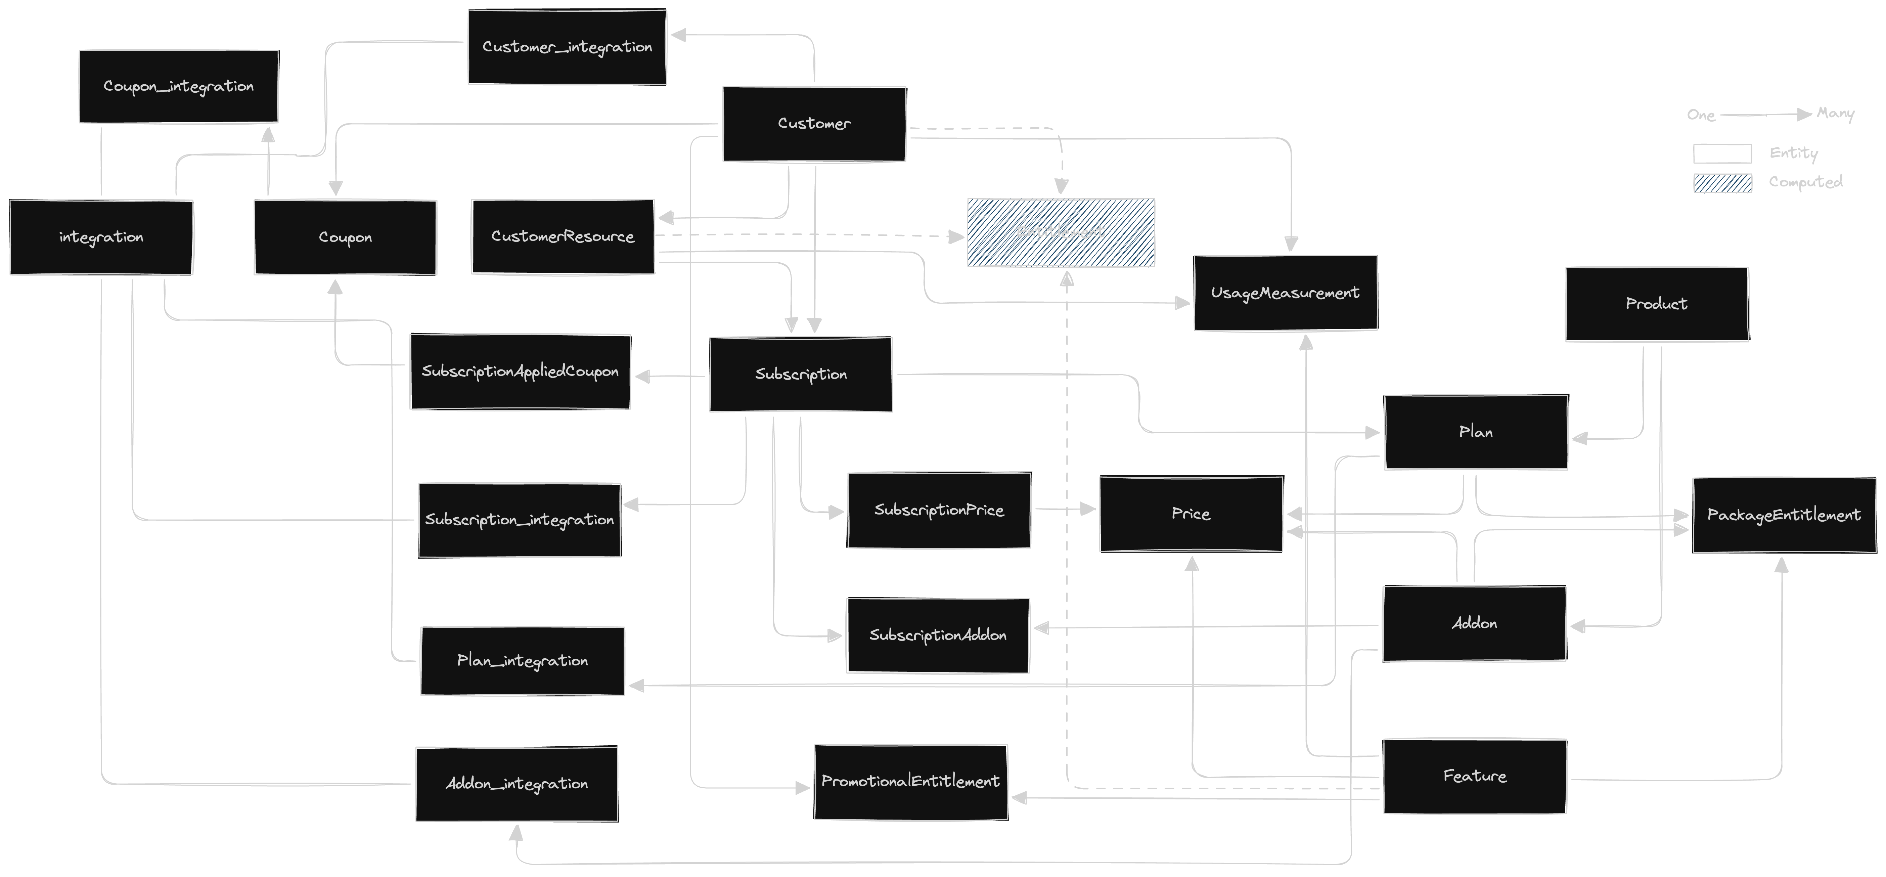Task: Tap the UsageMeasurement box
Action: tap(1285, 293)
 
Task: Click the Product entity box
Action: tap(1656, 304)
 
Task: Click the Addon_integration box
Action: tap(516, 784)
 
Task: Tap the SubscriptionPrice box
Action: tap(939, 510)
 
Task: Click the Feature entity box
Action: tap(1475, 776)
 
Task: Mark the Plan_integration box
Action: tap(522, 661)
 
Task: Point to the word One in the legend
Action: tap(1701, 115)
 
